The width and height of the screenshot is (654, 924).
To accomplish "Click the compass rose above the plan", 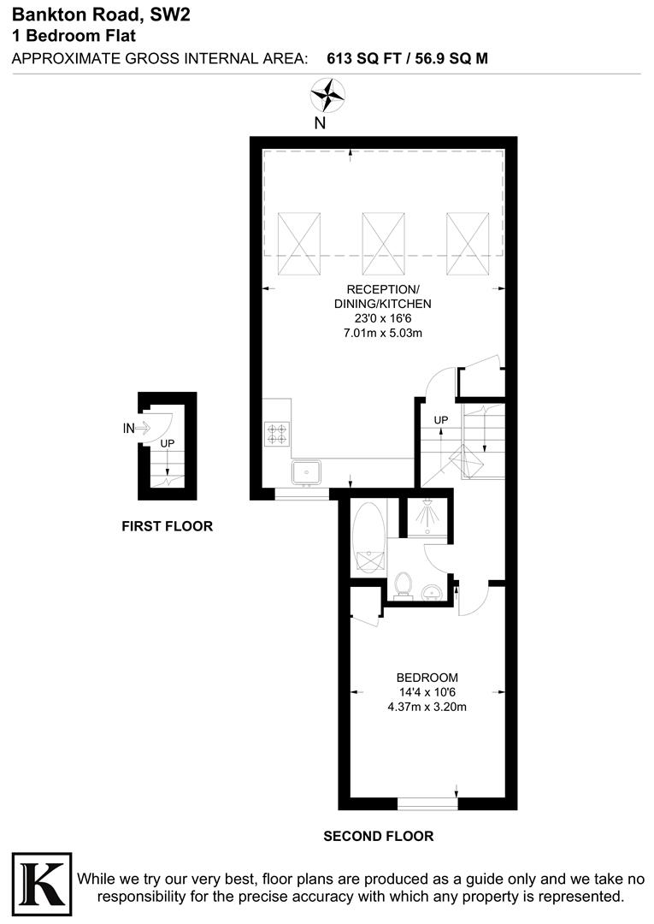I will coord(327,95).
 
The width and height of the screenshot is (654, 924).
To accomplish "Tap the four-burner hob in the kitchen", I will coord(277,433).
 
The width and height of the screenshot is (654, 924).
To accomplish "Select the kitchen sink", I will coord(305,471).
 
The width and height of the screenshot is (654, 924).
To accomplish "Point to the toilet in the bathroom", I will coord(404,585).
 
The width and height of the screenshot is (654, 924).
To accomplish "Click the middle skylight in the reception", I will coord(382,240).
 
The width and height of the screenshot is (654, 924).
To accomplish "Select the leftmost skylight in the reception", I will coord(298,240).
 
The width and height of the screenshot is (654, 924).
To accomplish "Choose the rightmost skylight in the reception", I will coord(466,240).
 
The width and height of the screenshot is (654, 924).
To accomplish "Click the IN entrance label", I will coord(129,429).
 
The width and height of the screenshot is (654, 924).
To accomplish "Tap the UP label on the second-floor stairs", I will coord(441,420).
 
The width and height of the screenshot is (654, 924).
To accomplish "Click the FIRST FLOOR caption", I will coord(167,526).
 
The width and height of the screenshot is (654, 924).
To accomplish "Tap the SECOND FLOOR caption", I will coord(378,836).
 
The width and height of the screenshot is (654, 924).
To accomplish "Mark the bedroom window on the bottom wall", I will coord(427,803).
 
